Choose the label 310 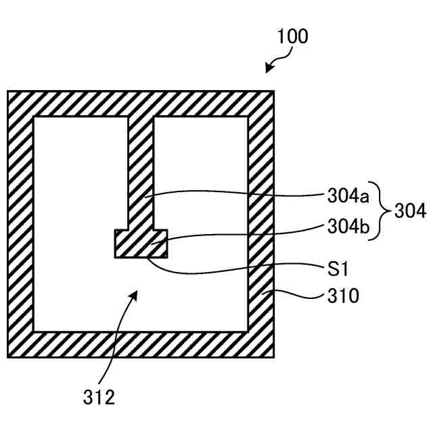(x=344, y=296)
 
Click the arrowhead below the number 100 (x=269, y=68)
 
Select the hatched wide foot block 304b (x=140, y=244)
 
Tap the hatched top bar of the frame (x=141, y=104)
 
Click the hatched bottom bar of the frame (x=141, y=344)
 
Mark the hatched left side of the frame (x=20, y=224)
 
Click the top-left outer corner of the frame (x=8, y=92)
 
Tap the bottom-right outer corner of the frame (x=273, y=357)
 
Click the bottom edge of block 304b (x=140, y=257)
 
